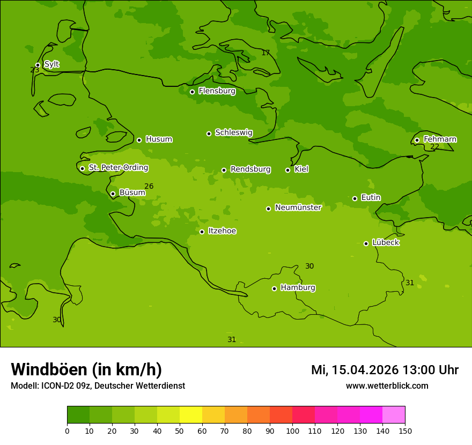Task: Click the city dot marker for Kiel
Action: click(x=287, y=170)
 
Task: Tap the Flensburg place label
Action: click(x=217, y=91)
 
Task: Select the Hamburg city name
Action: click(x=298, y=288)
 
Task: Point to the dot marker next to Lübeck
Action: click(x=366, y=243)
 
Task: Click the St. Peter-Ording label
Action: click(x=118, y=168)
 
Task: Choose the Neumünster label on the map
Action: click(x=298, y=207)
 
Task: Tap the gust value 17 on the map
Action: click(x=265, y=53)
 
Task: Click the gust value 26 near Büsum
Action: click(x=149, y=187)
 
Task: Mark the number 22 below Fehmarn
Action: click(x=434, y=147)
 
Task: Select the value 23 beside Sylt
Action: click(x=34, y=70)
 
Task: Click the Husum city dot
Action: click(x=139, y=140)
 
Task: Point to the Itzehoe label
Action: click(x=222, y=231)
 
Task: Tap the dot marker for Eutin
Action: click(x=355, y=198)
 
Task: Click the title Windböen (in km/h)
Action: click(x=86, y=369)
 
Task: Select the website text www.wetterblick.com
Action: click(x=387, y=386)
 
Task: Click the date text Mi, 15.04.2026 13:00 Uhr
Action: click(x=385, y=370)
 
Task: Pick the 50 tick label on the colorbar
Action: click(x=180, y=431)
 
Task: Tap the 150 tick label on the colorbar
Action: click(x=405, y=431)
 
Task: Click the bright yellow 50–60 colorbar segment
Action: click(x=191, y=415)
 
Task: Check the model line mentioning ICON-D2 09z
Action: click(x=98, y=386)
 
